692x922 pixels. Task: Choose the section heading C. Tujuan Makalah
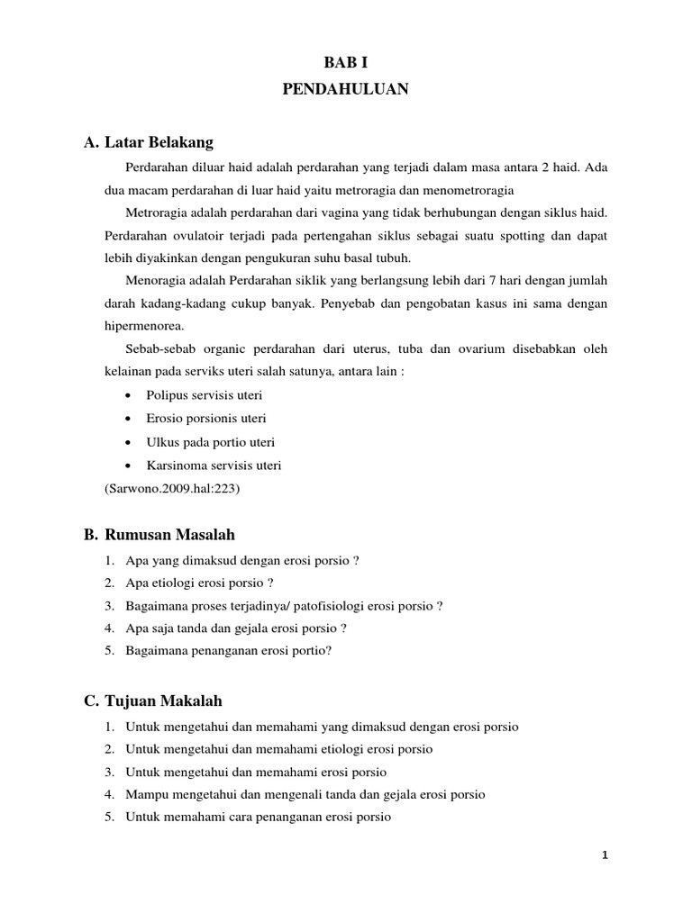coord(152,701)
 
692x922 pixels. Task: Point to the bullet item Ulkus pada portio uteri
coord(210,442)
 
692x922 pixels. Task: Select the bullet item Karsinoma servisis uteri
coord(214,466)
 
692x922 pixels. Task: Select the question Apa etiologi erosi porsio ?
coord(200,583)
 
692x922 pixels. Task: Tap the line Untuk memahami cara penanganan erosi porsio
coord(259,818)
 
